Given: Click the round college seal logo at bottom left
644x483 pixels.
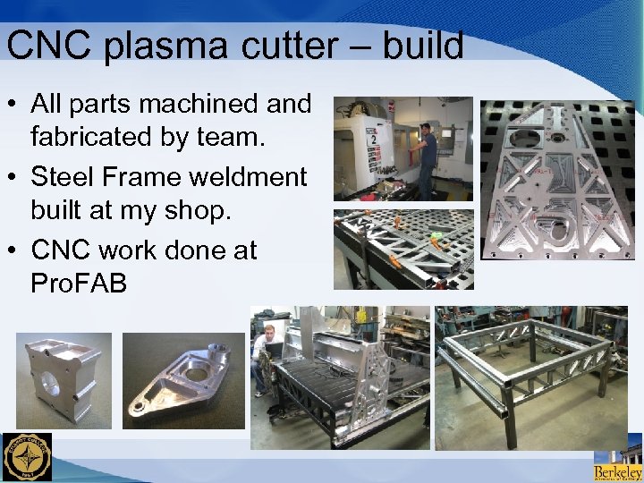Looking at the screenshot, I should coord(27,457).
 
